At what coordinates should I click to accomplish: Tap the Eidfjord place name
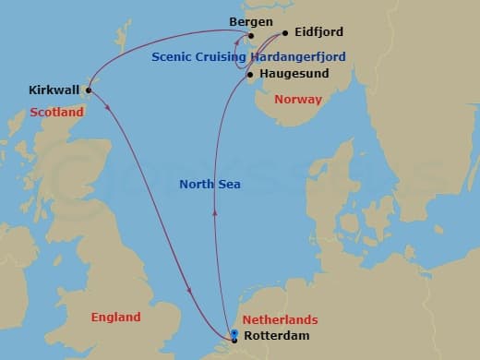(318, 31)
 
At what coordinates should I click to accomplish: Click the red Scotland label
(56, 113)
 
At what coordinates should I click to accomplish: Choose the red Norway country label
(298, 99)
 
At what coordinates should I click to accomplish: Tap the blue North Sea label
(210, 185)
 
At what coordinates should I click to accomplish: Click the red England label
(116, 318)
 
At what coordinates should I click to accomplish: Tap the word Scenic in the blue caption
(174, 56)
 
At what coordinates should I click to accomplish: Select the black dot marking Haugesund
(250, 74)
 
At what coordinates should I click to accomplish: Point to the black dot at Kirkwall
(89, 90)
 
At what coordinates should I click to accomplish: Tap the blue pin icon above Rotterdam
(235, 333)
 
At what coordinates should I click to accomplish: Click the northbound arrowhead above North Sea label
(215, 211)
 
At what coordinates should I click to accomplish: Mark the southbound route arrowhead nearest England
(189, 293)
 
